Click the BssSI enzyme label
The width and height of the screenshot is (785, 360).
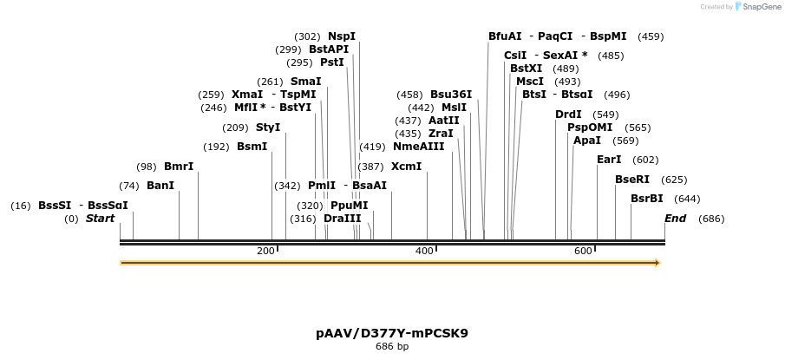click(55, 206)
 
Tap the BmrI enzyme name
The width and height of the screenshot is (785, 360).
click(179, 167)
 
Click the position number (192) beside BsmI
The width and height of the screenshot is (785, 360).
click(216, 147)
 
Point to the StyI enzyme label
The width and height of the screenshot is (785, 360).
click(268, 128)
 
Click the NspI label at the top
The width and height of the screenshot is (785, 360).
click(342, 36)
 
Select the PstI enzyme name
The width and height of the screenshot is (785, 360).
click(332, 62)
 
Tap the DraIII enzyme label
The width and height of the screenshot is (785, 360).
click(342, 219)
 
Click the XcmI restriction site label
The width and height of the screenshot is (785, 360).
click(406, 166)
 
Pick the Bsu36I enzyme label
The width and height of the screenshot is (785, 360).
click(451, 95)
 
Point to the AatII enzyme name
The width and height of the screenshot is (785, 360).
click(444, 121)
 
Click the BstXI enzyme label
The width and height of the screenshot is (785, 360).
click(526, 69)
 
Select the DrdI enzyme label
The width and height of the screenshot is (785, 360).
click(570, 115)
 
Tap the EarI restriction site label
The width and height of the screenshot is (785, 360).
click(609, 160)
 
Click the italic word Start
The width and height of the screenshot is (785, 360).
click(100, 219)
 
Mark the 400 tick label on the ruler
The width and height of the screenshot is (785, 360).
click(424, 251)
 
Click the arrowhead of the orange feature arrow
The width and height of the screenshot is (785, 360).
click(657, 262)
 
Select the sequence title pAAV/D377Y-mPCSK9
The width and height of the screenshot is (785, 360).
click(391, 333)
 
